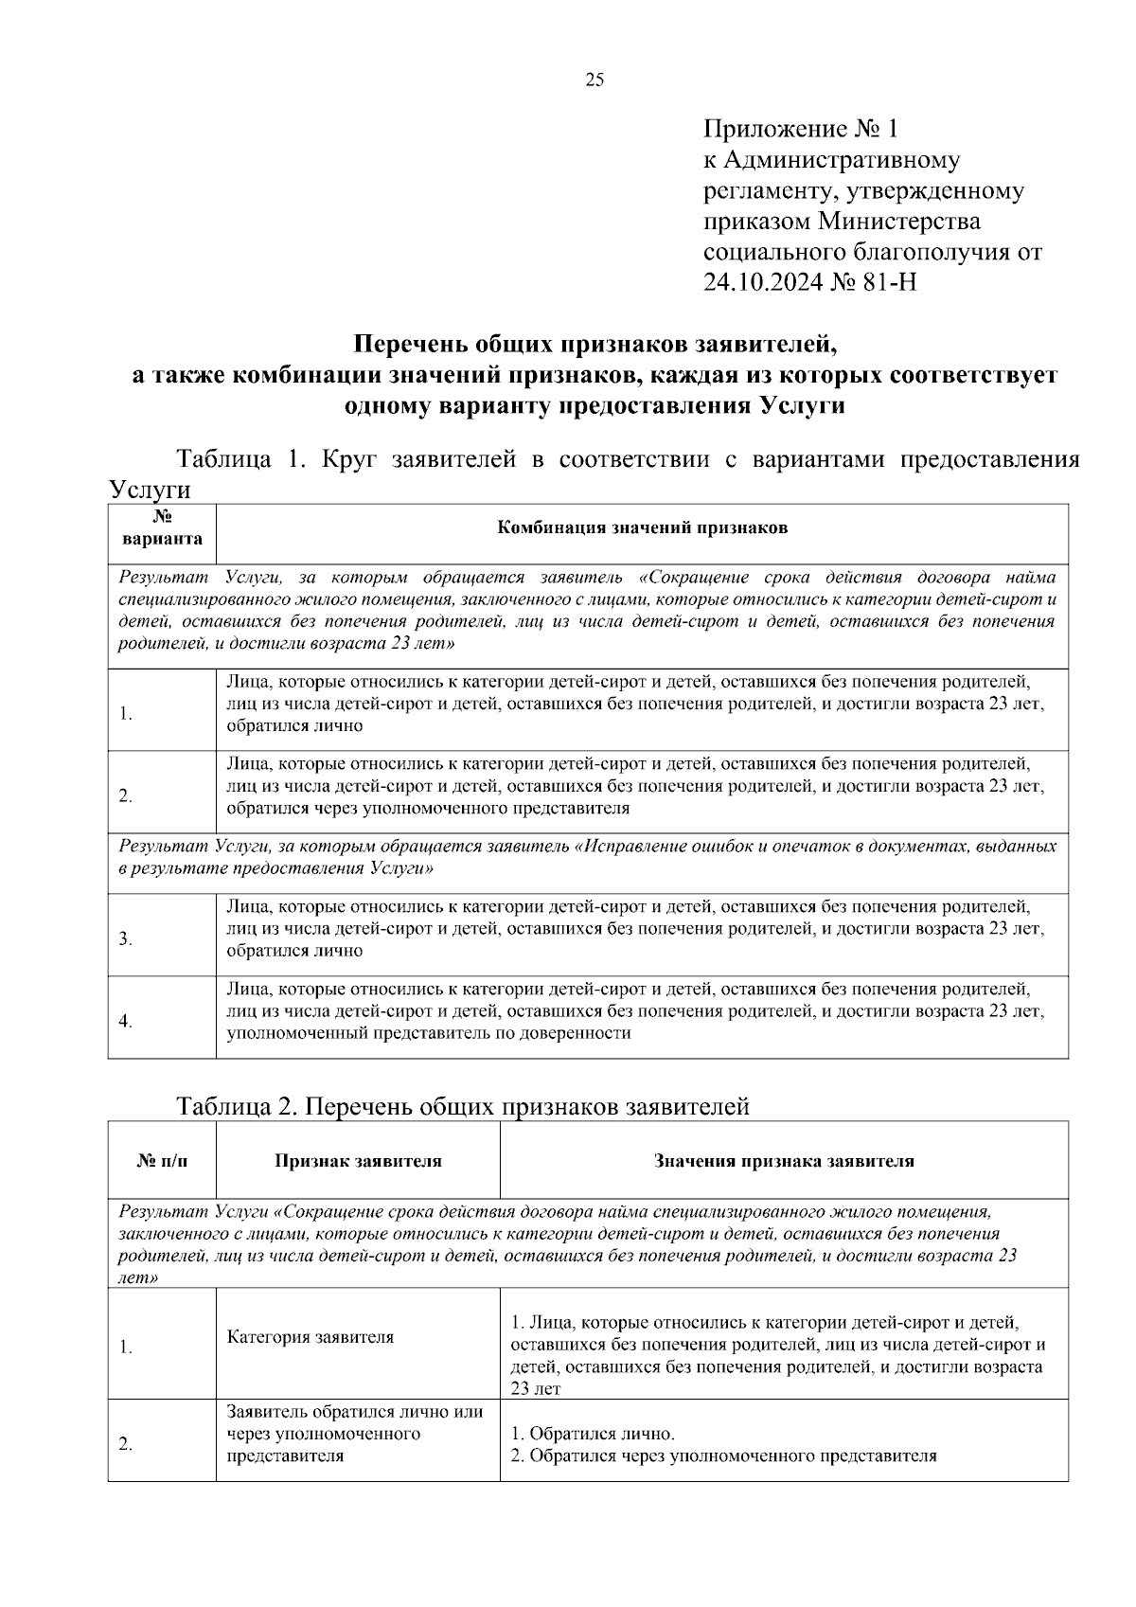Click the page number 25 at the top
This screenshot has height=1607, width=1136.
pos(595,80)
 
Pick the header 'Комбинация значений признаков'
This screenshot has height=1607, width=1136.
pos(642,528)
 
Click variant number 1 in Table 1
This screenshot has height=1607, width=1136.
pos(126,714)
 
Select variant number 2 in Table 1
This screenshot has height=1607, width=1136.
pos(126,795)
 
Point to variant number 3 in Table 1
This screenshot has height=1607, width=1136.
pos(126,939)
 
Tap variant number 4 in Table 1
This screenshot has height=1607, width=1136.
pos(126,1021)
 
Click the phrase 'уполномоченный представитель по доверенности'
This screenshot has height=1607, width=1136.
pos(429,1033)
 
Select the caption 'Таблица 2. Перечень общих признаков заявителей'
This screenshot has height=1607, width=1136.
pos(463,1106)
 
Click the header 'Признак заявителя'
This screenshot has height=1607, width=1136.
pos(358,1161)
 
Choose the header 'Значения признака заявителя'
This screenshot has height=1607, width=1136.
pos(784,1161)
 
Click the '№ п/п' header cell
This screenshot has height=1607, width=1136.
pos(162,1161)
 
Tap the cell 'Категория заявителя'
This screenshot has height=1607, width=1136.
pos(310,1337)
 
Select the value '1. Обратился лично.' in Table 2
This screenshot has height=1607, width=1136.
pos(593,1434)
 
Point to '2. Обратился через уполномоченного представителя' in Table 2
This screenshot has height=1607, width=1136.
pos(723,1455)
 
